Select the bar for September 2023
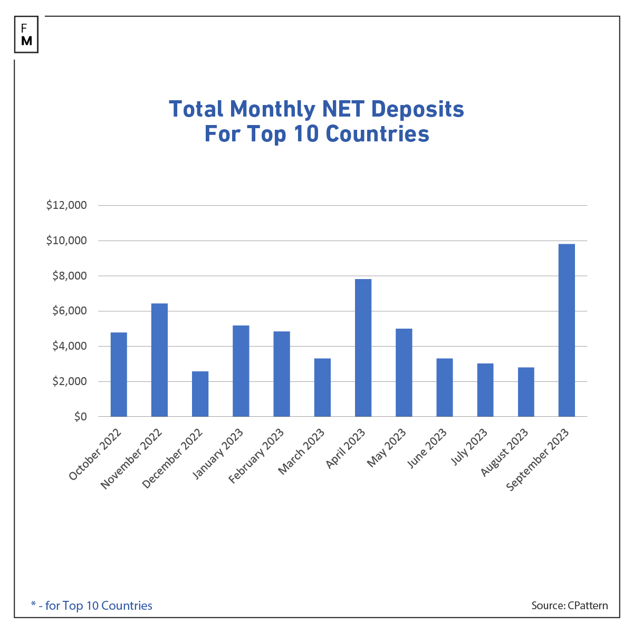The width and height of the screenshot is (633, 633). point(567,330)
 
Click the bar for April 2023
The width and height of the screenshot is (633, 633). point(363,348)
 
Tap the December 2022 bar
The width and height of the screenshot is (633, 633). point(200,394)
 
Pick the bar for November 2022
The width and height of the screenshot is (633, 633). point(159,360)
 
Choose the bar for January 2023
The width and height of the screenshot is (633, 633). point(241,371)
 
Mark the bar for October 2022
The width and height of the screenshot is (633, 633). point(119,375)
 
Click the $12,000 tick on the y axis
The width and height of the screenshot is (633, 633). point(66,206)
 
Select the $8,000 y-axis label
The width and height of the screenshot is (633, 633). point(69,276)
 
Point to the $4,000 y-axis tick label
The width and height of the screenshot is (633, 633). point(69,347)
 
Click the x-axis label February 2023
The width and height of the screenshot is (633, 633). point(256,456)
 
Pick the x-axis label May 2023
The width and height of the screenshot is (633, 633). point(387,448)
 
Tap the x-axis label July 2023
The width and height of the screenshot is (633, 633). point(469,448)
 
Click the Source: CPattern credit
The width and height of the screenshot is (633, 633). point(569,606)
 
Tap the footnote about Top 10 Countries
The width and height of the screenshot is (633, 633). point(92,606)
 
